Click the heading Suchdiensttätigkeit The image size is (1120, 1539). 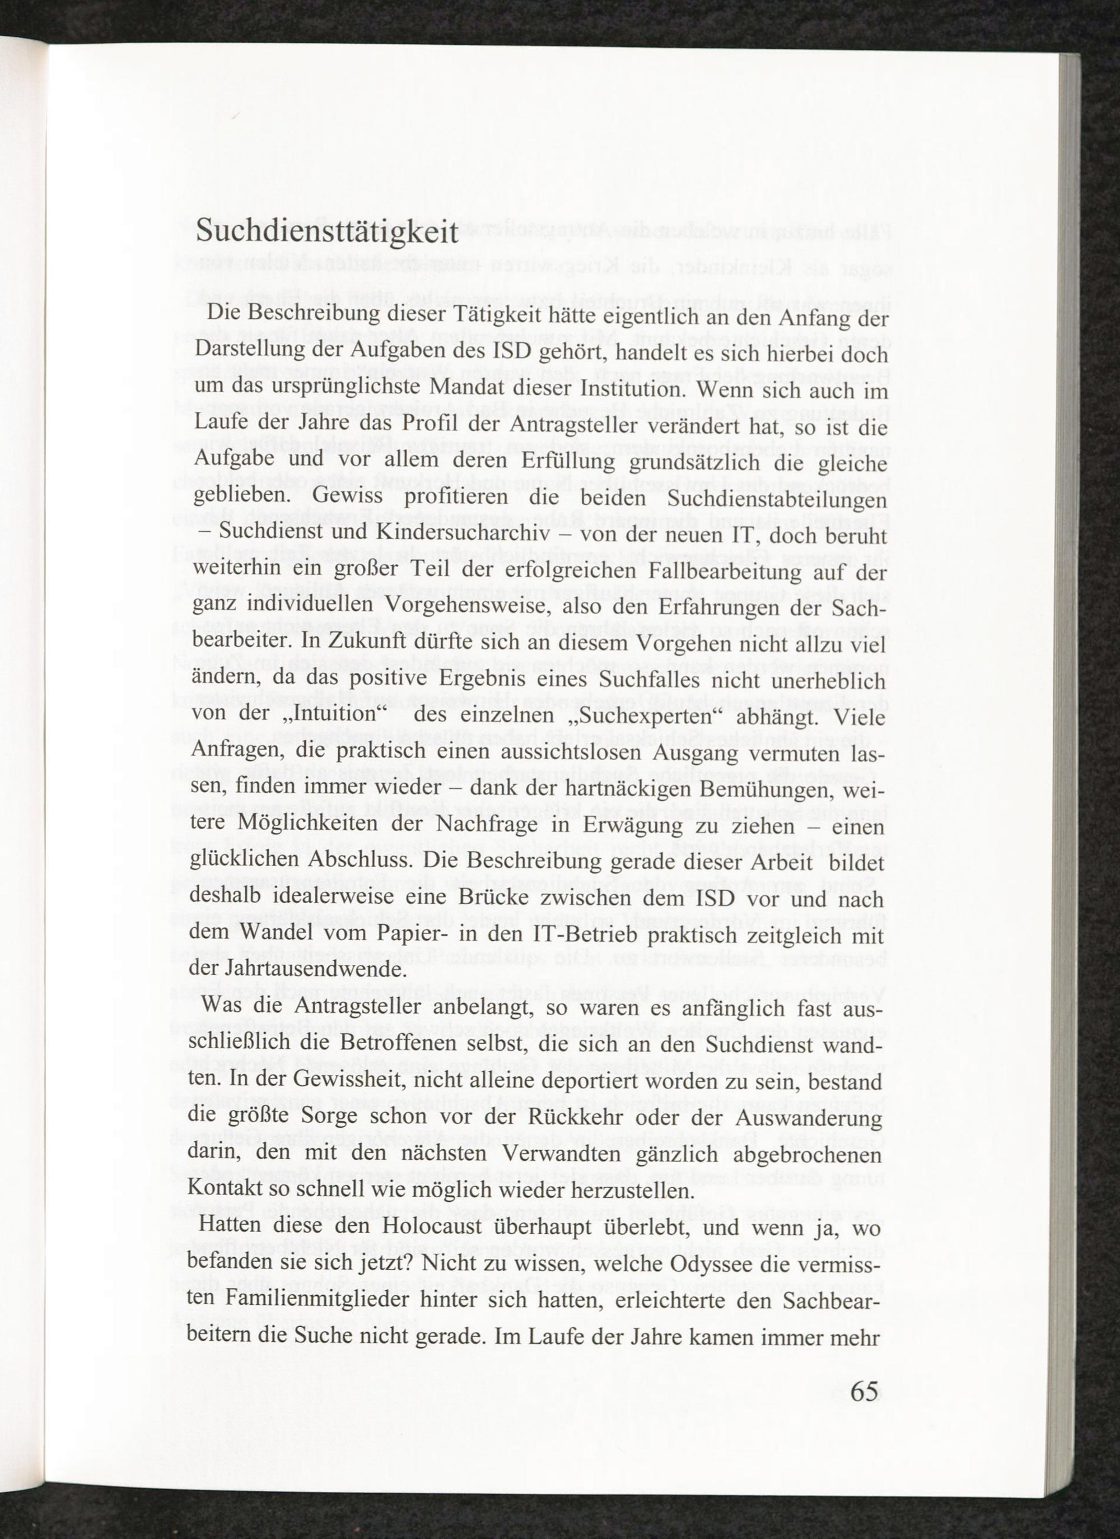(x=327, y=232)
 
